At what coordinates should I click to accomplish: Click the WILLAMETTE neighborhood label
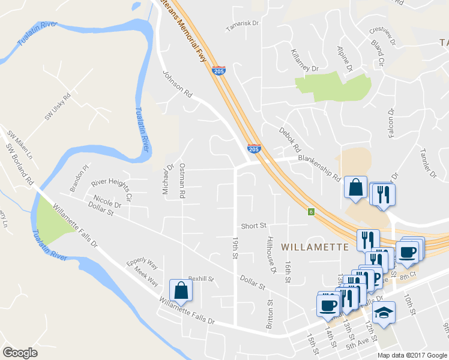click(x=315, y=247)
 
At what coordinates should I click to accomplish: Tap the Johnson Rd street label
click(x=177, y=84)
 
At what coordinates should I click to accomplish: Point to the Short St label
click(x=253, y=226)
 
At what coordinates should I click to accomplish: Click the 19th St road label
click(x=234, y=248)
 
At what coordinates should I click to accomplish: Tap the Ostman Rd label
click(x=181, y=181)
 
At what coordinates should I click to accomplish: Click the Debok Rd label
click(x=289, y=139)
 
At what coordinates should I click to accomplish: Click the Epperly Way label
click(x=142, y=263)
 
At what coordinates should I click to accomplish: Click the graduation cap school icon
click(x=384, y=312)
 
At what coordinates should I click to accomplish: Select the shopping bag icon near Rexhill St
click(x=181, y=291)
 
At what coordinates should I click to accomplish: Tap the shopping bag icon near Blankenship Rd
click(x=355, y=187)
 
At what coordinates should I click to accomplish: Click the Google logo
click(x=20, y=353)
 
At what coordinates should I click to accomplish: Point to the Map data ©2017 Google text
click(x=412, y=355)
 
